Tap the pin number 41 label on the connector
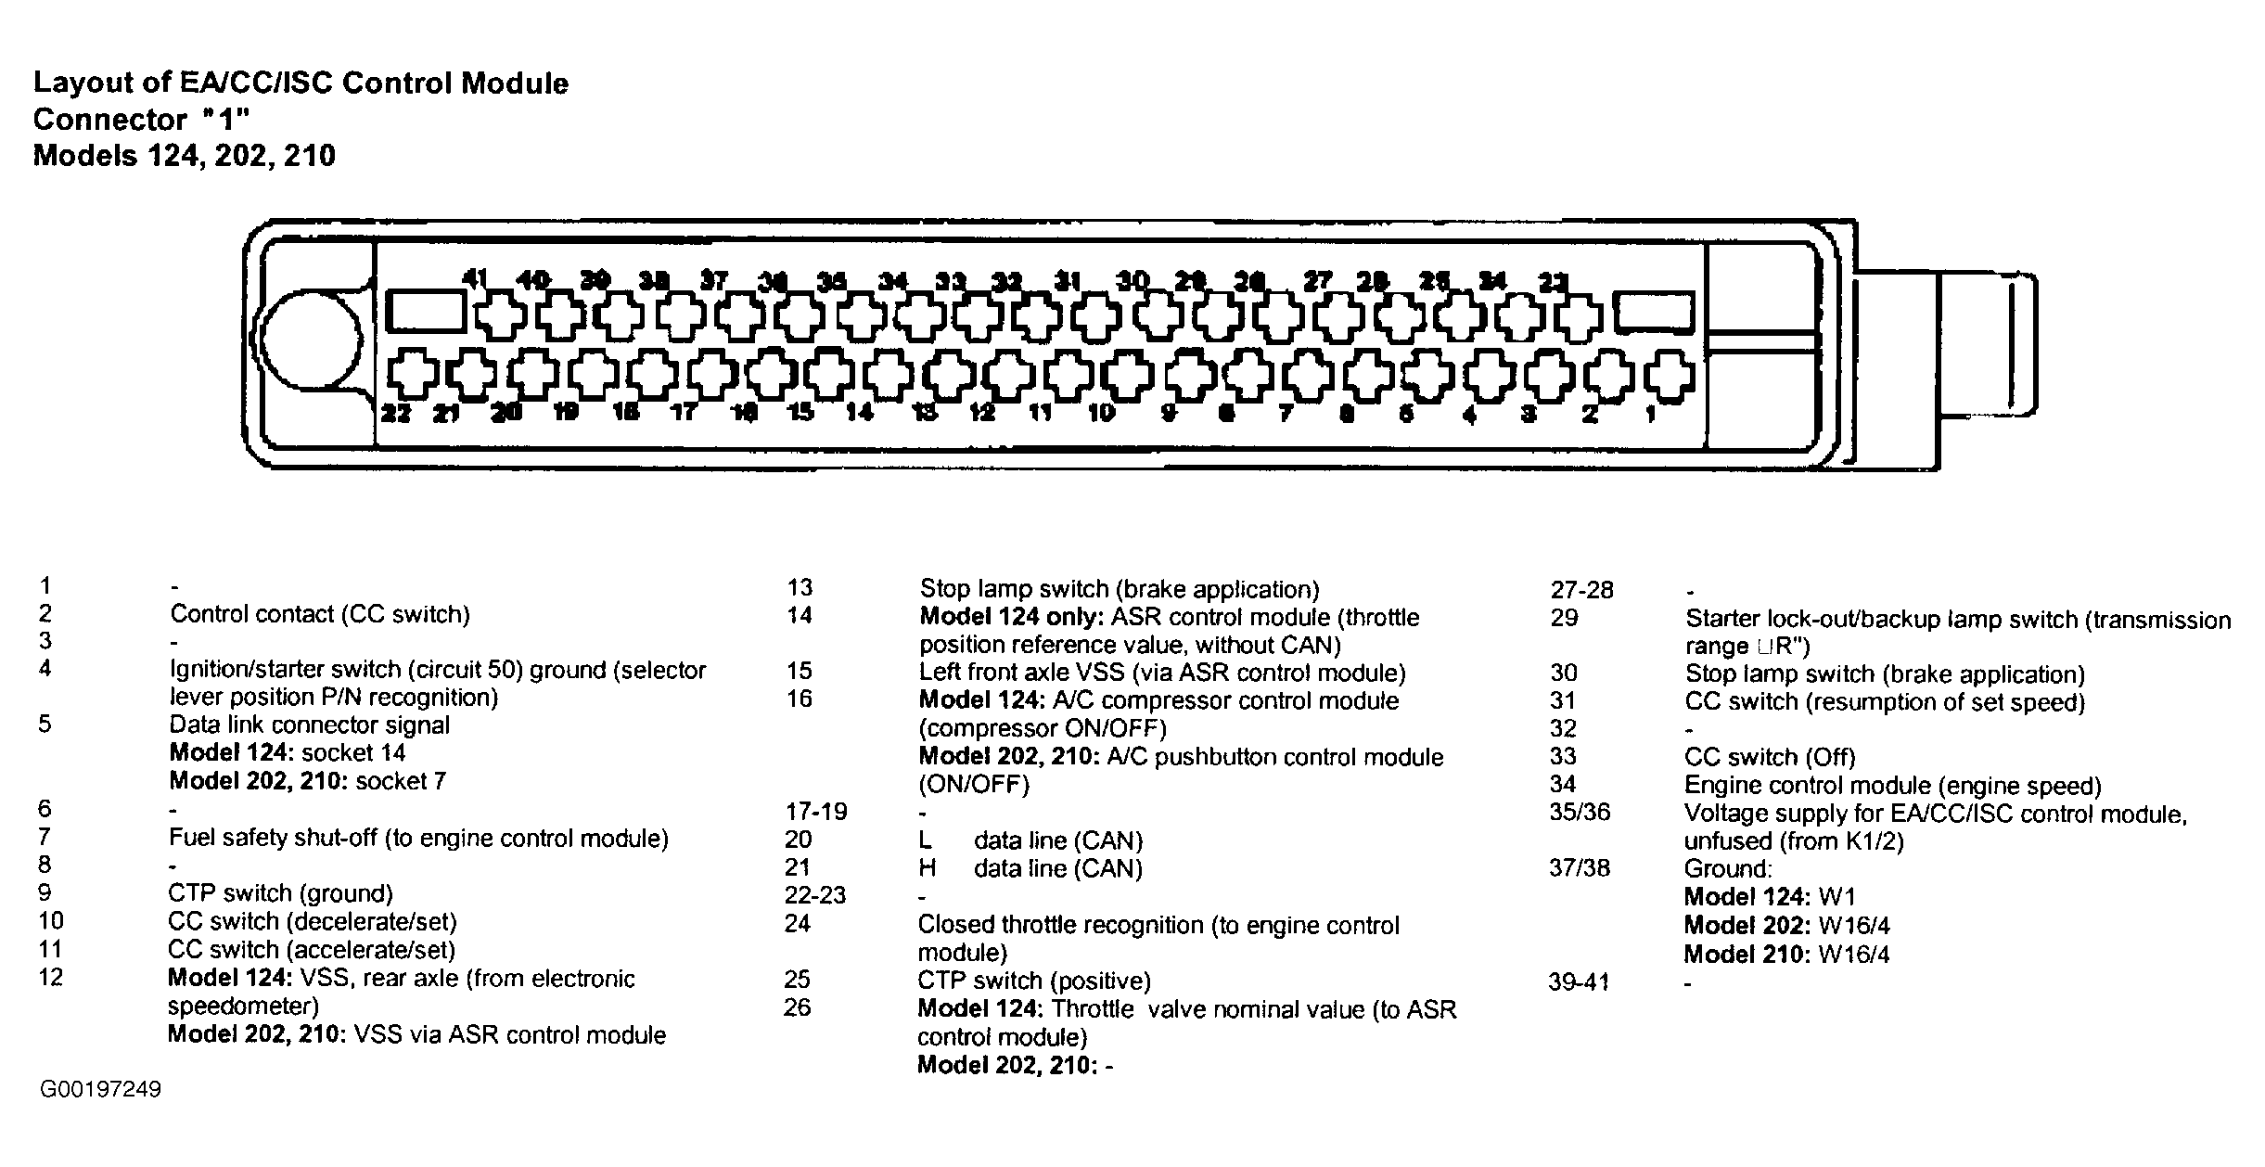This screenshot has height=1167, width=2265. pyautogui.click(x=475, y=278)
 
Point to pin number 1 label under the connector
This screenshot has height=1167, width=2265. pyautogui.click(x=1650, y=415)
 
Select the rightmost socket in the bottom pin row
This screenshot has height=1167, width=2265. pyautogui.click(x=1669, y=377)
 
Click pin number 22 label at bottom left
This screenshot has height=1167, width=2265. pyautogui.click(x=396, y=414)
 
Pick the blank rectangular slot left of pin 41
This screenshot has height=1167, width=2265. pyautogui.click(x=425, y=312)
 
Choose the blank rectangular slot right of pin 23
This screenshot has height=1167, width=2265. pyautogui.click(x=1654, y=312)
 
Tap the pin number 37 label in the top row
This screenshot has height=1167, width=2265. pyautogui.click(x=714, y=279)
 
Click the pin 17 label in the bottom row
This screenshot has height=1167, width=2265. pyautogui.click(x=684, y=413)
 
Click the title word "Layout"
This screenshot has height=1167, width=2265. pyautogui.click(x=78, y=83)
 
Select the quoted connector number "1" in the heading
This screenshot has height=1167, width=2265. pyautogui.click(x=226, y=121)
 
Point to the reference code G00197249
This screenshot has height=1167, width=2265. pyautogui.click(x=100, y=1089)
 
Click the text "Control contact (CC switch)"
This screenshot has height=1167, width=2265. pyautogui.click(x=320, y=614)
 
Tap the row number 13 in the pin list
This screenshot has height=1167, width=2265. pyautogui.click(x=800, y=587)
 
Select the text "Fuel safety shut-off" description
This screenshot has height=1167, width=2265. pyautogui.click(x=273, y=839)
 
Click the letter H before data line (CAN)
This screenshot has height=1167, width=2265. pyautogui.click(x=927, y=868)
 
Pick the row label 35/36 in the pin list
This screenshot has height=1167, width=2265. pyautogui.click(x=1580, y=813)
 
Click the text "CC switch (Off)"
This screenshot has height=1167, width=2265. pyautogui.click(x=1770, y=757)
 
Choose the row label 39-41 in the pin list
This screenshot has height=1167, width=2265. pyautogui.click(x=1579, y=981)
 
